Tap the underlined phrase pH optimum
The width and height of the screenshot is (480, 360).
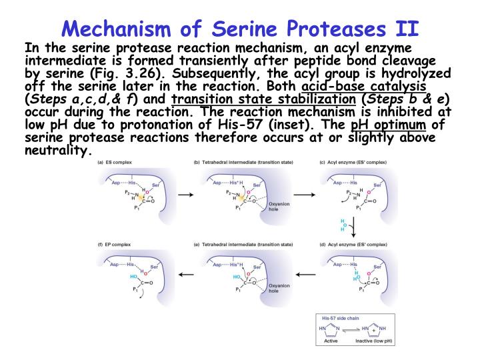pyautogui.click(x=390, y=125)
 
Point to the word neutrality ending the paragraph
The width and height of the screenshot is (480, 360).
pyautogui.click(x=55, y=150)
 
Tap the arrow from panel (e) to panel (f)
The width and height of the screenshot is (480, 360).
pyautogui.click(x=188, y=273)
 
